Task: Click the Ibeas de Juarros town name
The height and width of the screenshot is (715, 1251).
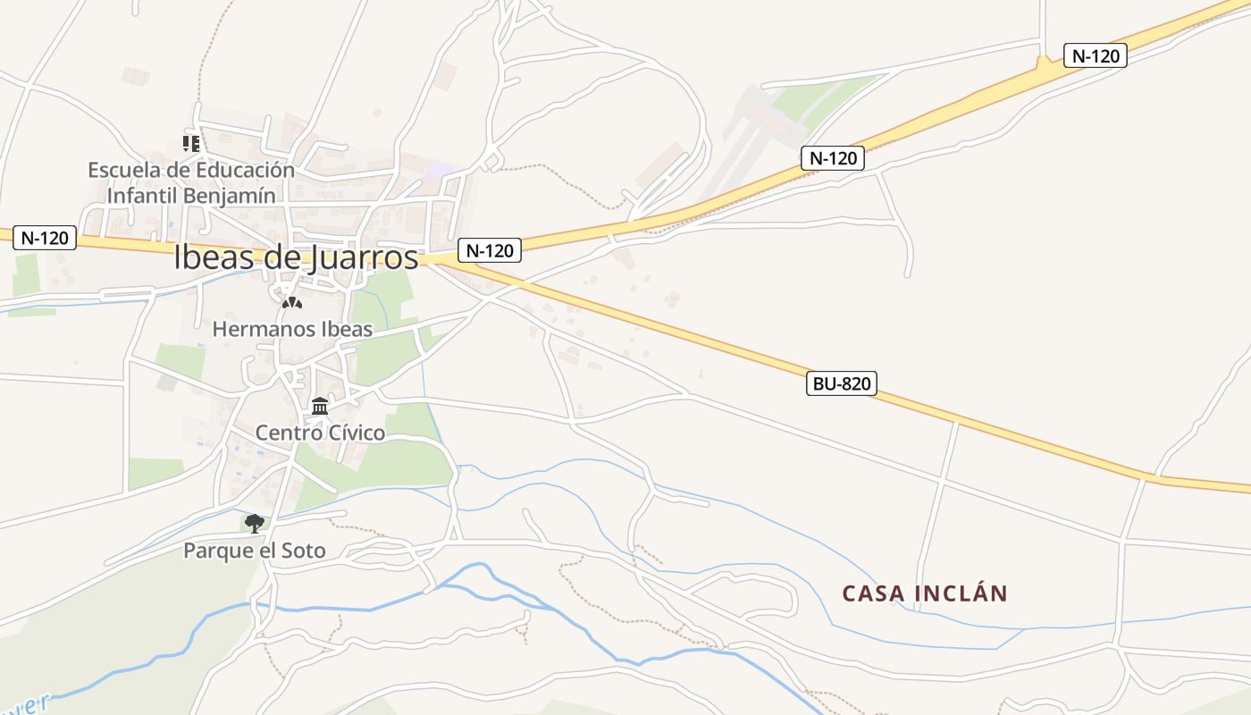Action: point(296,257)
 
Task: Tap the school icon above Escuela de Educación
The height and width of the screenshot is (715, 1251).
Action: point(190,143)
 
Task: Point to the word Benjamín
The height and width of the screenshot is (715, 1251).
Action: point(229,195)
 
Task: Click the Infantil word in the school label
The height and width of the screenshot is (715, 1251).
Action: point(142,195)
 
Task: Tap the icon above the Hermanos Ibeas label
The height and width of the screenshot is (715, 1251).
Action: point(291,303)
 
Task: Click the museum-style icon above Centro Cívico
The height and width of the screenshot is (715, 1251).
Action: point(320,407)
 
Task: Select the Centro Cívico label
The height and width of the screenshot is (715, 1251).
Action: point(320,433)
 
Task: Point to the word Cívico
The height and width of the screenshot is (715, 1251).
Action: point(354,433)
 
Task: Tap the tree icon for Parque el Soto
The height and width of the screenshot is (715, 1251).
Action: point(255,523)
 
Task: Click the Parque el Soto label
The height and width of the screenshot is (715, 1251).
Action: point(255,550)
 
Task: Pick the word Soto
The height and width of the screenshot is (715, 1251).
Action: point(303,550)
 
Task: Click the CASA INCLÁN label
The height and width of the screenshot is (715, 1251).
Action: point(925,593)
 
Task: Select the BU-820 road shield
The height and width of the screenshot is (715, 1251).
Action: point(841,384)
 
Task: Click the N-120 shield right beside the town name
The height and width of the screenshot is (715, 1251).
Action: point(489,250)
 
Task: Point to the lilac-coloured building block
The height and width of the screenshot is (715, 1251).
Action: point(438,169)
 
